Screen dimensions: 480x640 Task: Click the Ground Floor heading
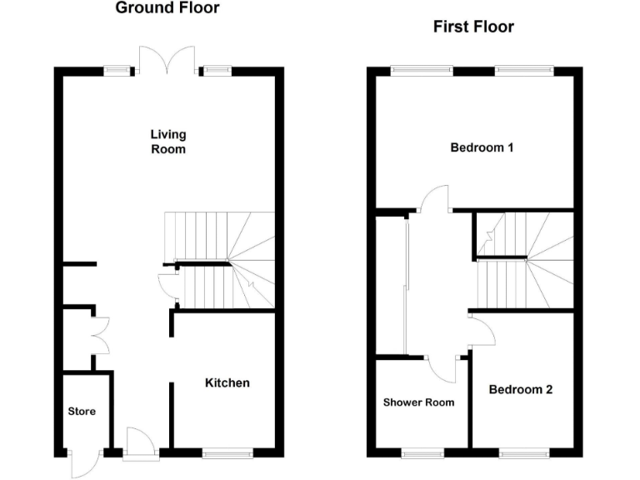tap(167, 9)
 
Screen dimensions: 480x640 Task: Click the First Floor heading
tap(473, 27)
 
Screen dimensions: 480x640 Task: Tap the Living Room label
tap(167, 142)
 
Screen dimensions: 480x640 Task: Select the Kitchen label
tap(227, 383)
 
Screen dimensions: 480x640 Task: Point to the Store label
tap(82, 412)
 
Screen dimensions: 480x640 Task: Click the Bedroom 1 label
tap(482, 148)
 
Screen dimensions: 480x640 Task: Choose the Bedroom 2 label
tap(520, 390)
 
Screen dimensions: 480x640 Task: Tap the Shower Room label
tap(418, 402)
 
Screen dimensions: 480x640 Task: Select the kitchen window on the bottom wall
tap(227, 452)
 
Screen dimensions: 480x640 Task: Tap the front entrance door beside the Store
tap(137, 442)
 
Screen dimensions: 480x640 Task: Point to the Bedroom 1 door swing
tap(434, 197)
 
